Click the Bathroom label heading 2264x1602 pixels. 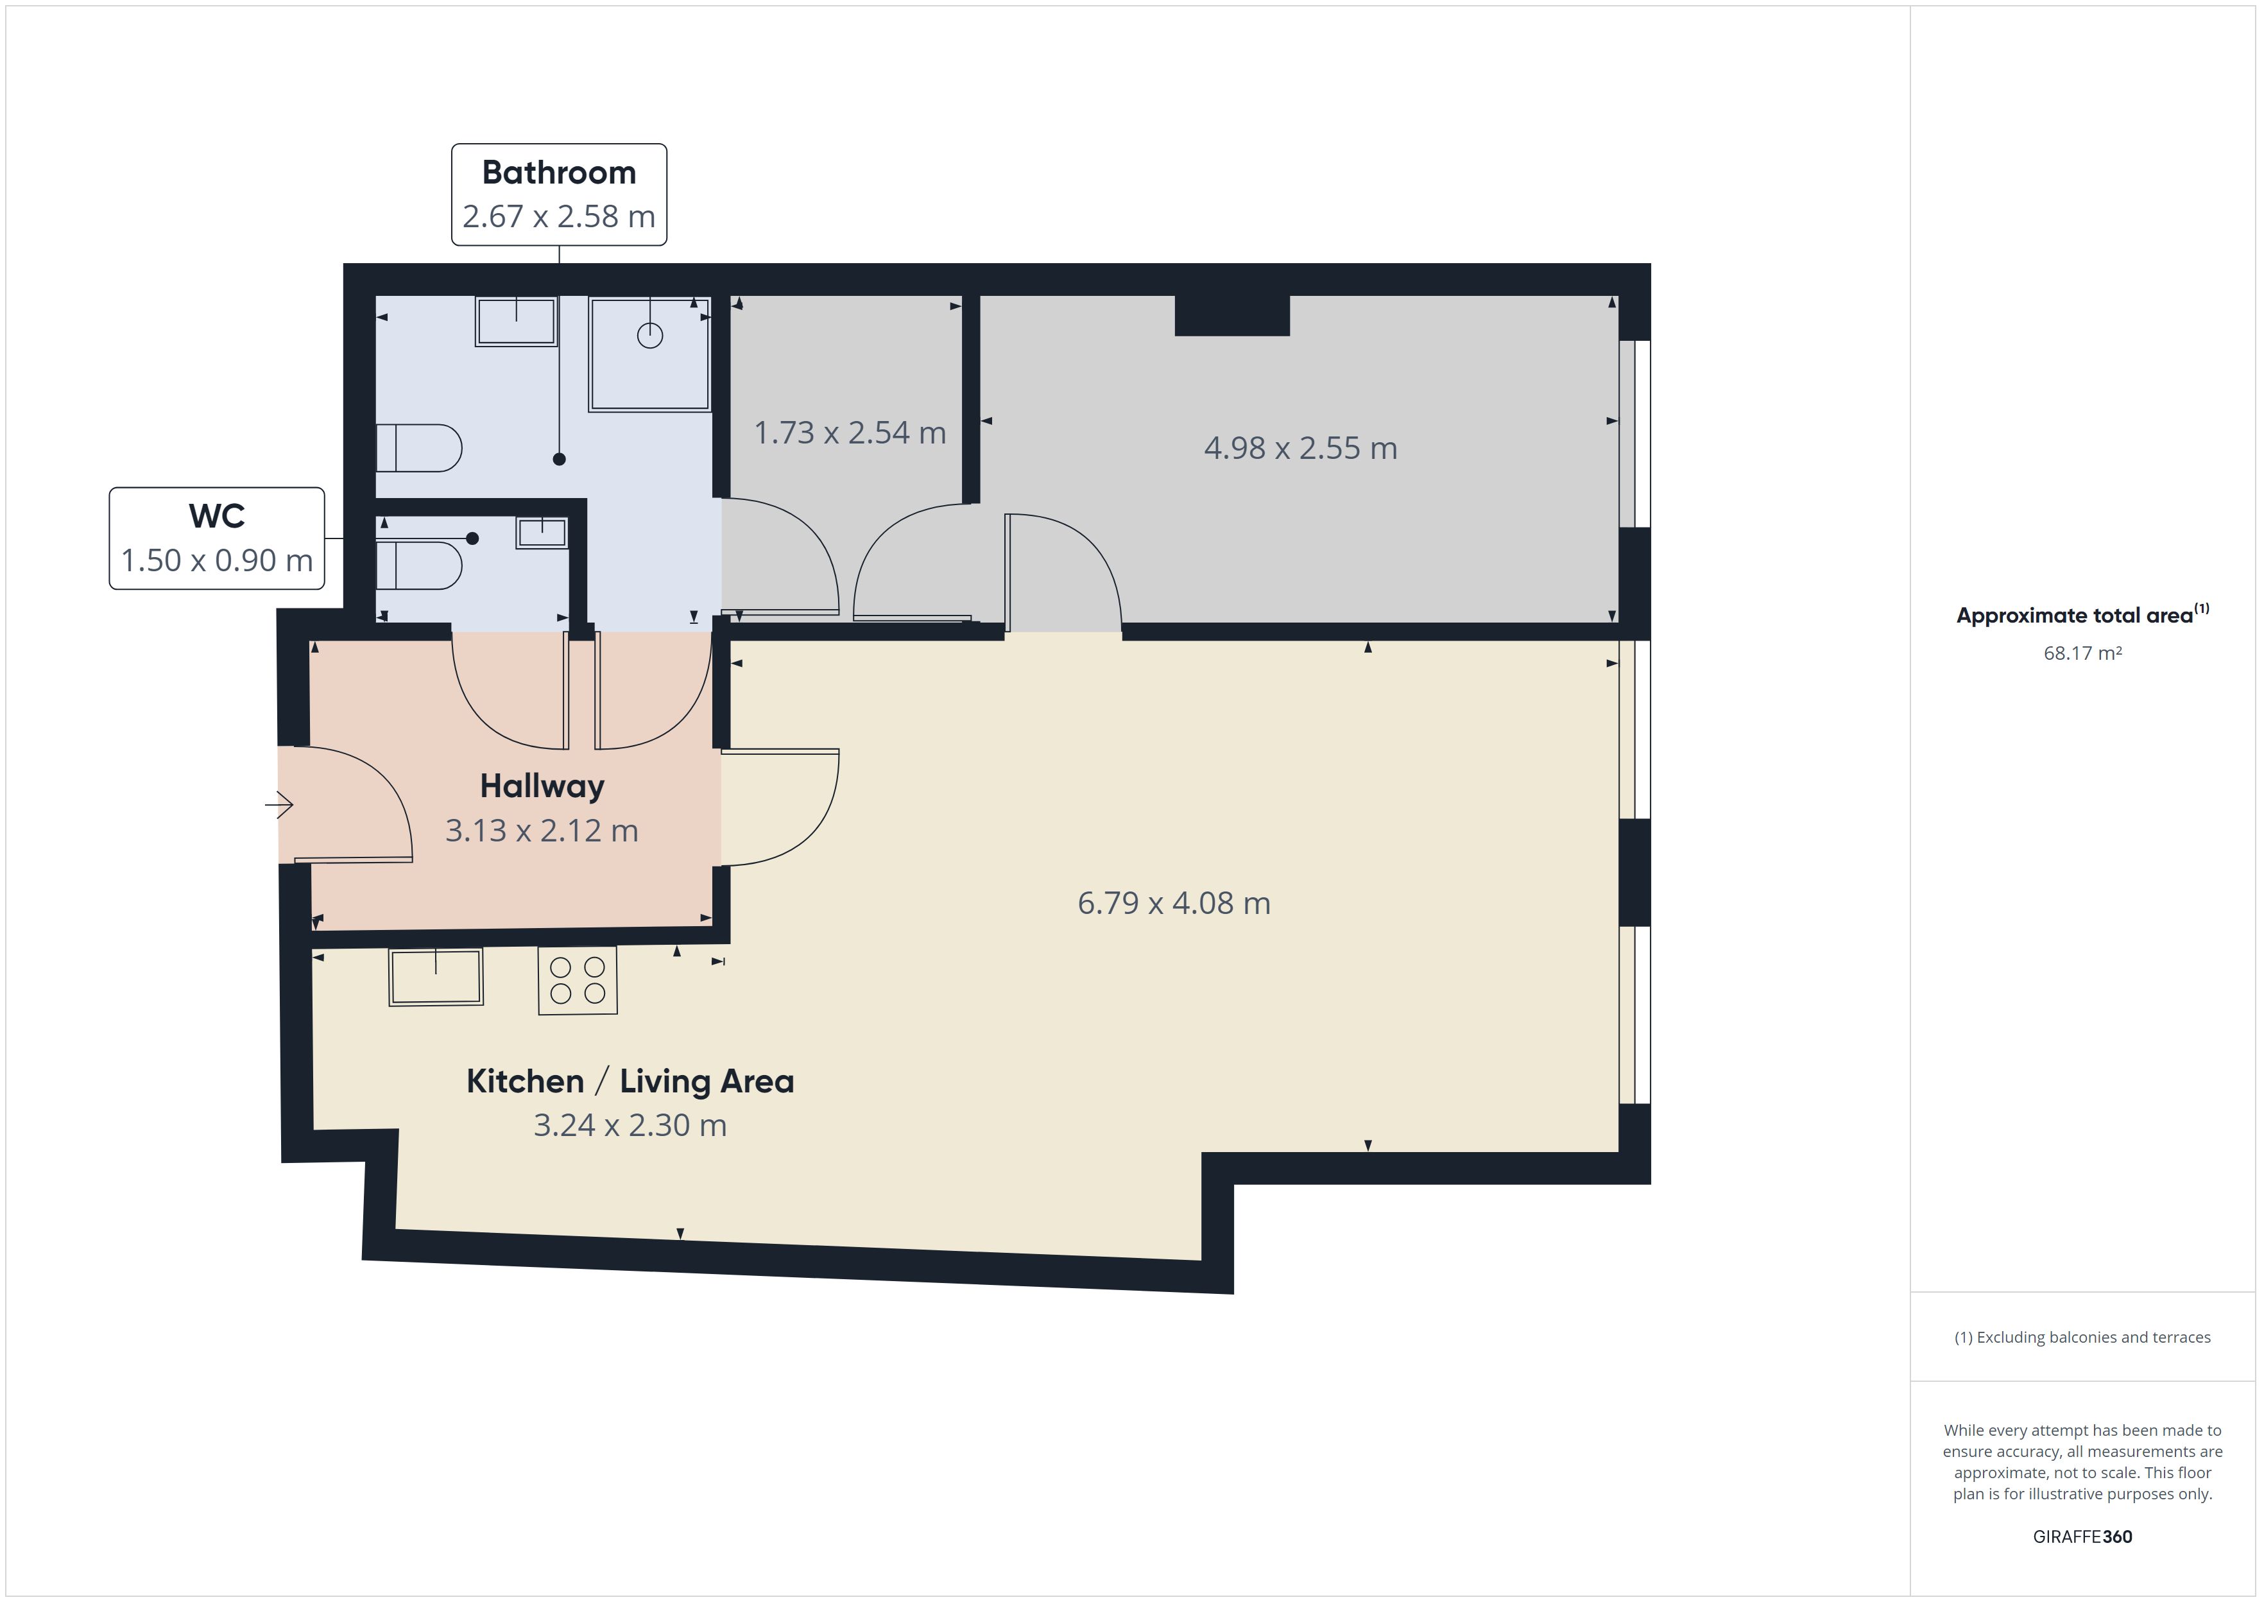558,173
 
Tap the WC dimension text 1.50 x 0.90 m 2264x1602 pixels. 217,560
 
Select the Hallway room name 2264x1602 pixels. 542,786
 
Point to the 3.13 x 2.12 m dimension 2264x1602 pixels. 542,831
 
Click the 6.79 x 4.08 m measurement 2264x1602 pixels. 1174,902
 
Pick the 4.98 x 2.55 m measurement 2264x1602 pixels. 1301,448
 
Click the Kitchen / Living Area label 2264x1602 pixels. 630,1081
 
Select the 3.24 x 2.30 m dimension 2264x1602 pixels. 630,1126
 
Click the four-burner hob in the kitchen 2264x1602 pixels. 578,981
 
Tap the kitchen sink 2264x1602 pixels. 436,977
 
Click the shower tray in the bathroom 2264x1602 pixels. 650,353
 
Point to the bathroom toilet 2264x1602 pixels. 419,448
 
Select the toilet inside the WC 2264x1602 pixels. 419,565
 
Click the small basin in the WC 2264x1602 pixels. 542,533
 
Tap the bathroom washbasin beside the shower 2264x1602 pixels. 516,322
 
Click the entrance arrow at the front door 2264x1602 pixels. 279,805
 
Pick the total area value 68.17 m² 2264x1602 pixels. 2082,653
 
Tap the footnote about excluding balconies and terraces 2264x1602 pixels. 2082,1337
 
